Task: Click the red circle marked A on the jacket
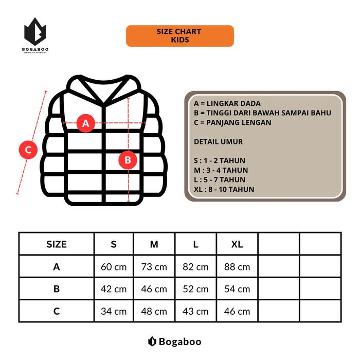point(86,123)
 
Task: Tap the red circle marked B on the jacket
point(128,160)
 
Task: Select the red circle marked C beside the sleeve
point(28,150)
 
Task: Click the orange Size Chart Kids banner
point(180,35)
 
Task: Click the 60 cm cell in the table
point(114,267)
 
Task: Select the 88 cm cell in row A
point(237,267)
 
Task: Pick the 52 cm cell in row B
point(195,289)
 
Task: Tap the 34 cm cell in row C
point(114,311)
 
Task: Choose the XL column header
point(237,244)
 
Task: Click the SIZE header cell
point(57,244)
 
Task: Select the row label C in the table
point(57,311)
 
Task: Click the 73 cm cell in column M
point(154,267)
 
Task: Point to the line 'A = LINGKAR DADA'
point(227,103)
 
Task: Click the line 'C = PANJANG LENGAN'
point(232,122)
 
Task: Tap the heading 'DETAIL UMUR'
point(218,141)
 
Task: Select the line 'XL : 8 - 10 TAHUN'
point(224,189)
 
